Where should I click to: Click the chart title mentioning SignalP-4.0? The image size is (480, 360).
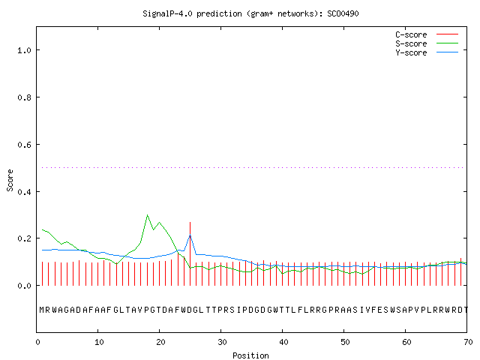tap(250, 13)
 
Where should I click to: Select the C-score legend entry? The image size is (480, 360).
tap(427, 34)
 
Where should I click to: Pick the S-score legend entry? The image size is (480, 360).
tap(427, 43)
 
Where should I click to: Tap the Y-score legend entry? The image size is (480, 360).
tap(427, 52)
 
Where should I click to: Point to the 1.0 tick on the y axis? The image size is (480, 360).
tap(24, 50)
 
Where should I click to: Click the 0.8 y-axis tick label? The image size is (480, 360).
tap(24, 97)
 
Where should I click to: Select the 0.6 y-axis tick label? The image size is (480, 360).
tap(24, 145)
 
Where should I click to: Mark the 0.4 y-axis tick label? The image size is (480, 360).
tap(24, 192)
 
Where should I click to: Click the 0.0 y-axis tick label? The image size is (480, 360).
tap(24, 286)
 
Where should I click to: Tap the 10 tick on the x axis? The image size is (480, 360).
tap(99, 342)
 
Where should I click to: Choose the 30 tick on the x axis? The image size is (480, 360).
tap(222, 342)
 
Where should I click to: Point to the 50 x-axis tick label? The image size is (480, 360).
tap(345, 342)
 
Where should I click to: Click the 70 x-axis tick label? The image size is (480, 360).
tap(468, 342)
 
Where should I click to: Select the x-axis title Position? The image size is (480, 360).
tap(250, 355)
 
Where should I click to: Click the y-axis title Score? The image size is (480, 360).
tap(10, 180)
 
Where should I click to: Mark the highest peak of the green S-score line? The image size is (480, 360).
tap(147, 215)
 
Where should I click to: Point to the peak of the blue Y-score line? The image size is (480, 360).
tap(190, 235)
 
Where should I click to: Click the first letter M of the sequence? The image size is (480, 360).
tap(42, 310)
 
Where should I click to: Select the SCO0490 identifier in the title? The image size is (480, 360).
tap(343, 13)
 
